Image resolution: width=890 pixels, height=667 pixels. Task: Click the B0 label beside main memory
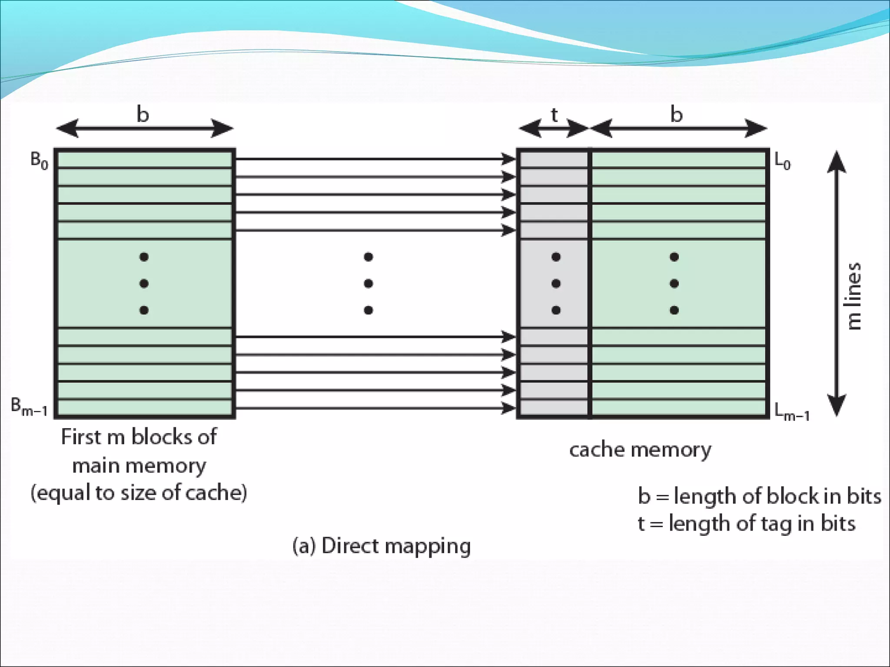(39, 161)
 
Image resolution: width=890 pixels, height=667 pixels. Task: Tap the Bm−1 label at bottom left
(29, 407)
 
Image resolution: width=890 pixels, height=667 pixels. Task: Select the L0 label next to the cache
(782, 162)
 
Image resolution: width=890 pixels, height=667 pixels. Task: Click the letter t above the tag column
(554, 115)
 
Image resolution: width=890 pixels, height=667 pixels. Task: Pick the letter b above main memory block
(143, 115)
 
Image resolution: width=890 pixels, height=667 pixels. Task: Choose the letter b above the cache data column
(676, 115)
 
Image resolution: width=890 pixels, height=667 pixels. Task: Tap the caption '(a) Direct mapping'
(382, 546)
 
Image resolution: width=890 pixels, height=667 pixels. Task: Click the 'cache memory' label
(640, 450)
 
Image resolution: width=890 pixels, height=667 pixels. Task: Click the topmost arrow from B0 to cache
(374, 159)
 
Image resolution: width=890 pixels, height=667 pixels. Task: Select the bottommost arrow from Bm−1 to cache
(374, 408)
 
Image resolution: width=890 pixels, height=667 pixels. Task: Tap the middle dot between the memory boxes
(369, 284)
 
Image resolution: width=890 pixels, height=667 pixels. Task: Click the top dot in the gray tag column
(556, 257)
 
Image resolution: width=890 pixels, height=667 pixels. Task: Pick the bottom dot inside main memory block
(144, 310)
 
